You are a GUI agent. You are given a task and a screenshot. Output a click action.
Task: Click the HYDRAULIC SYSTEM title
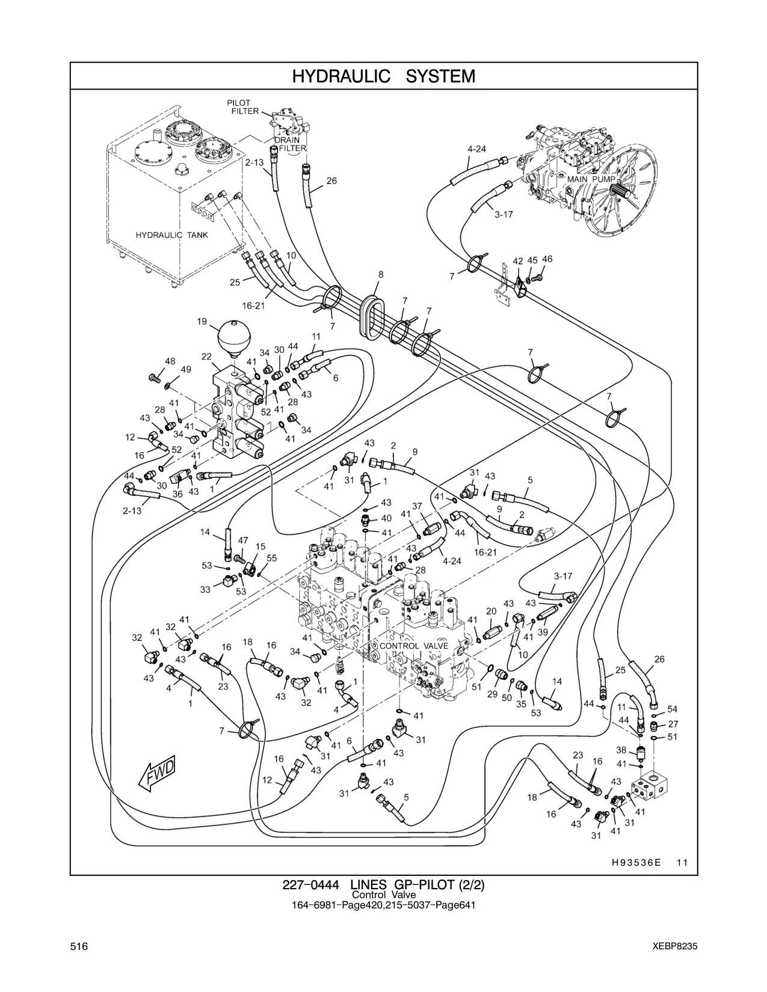click(384, 76)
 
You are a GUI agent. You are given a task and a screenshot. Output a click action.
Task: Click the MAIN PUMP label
click(591, 179)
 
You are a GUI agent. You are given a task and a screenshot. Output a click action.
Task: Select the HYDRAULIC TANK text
click(172, 235)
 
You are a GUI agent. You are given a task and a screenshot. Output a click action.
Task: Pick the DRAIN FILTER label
click(290, 144)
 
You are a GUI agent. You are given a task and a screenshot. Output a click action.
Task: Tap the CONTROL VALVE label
click(414, 646)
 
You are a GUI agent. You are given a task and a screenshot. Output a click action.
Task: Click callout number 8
click(381, 275)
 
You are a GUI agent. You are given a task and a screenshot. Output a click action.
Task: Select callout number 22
click(206, 356)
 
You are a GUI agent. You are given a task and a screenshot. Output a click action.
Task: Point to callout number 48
click(170, 361)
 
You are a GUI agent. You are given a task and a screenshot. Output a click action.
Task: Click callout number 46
click(547, 259)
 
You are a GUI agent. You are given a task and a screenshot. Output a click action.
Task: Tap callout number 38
click(621, 750)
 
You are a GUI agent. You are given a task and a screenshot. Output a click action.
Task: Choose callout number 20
click(491, 611)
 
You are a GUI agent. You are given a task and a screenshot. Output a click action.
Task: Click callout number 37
click(417, 506)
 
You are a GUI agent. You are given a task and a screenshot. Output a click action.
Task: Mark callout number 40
click(386, 518)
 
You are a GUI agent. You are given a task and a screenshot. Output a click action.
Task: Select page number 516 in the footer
click(79, 946)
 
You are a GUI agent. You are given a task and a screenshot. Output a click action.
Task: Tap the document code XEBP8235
click(675, 946)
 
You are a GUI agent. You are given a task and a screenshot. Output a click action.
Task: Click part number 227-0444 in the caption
click(310, 885)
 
